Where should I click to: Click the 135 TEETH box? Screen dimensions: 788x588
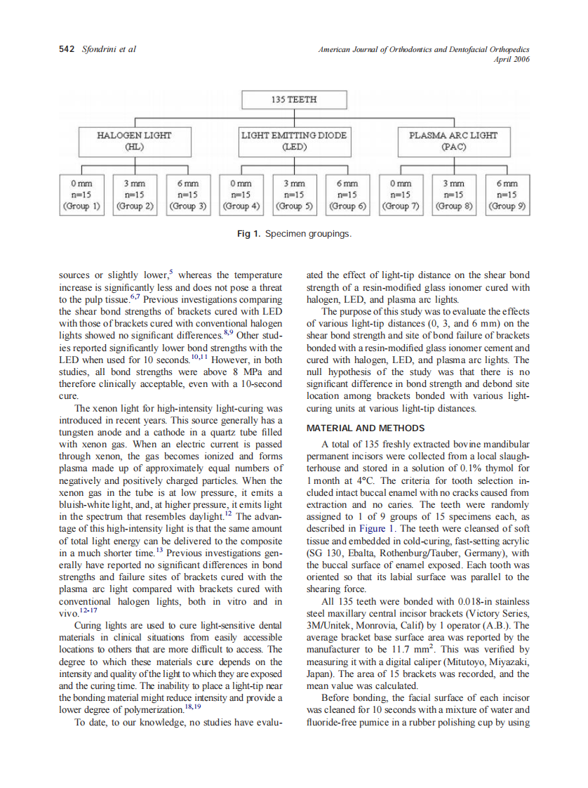293,100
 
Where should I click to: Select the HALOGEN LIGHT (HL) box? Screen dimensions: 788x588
133,140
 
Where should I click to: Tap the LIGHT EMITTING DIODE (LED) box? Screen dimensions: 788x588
293,140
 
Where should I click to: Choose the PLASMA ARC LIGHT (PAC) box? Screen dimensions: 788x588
453,140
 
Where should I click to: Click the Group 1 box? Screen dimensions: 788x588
82,195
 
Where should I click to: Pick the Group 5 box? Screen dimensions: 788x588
293,195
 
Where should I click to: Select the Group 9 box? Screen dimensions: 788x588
507,195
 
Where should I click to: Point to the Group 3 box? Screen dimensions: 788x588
187,195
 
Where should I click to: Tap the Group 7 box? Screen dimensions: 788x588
401,195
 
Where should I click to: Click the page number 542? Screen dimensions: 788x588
67,49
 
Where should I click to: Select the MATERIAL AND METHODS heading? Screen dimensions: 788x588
366,428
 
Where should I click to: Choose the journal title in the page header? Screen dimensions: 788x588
424,49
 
